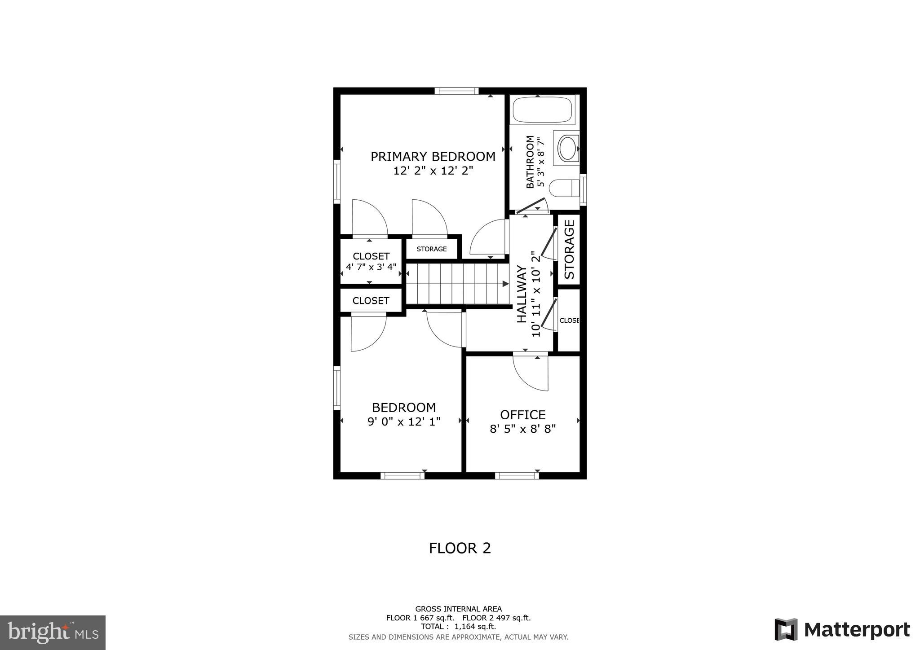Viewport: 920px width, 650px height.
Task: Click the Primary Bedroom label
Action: (433, 157)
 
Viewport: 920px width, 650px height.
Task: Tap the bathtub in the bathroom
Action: (542, 110)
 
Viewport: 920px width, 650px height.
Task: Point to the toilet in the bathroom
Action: (564, 188)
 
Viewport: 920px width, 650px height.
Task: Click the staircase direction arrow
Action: (505, 284)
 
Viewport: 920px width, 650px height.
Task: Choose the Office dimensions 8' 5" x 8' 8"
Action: (522, 429)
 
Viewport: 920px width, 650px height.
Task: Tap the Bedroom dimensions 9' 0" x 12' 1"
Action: (404, 422)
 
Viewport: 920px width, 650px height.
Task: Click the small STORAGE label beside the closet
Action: (431, 249)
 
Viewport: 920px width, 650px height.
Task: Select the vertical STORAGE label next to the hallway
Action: (569, 249)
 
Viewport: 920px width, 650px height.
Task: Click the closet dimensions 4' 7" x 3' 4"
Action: (371, 267)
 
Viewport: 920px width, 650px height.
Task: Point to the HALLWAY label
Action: (522, 294)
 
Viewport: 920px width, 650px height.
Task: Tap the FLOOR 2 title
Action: (460, 548)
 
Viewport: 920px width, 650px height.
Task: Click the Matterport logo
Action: (842, 629)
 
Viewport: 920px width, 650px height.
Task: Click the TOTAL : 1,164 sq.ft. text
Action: (458, 627)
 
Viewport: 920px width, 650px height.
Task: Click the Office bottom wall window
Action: (517, 475)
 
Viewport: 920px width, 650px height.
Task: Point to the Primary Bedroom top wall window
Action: (456, 91)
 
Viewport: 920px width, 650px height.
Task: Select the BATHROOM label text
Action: (530, 162)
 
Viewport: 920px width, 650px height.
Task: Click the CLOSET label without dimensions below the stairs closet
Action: (371, 301)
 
